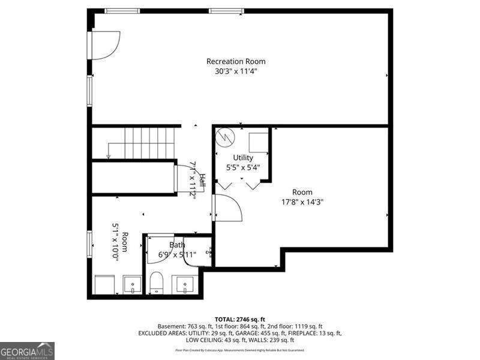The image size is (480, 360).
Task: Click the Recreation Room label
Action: (236, 61)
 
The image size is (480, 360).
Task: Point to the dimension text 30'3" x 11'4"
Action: (236, 71)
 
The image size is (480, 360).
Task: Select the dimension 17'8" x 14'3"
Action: (302, 202)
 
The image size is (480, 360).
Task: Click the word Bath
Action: (177, 245)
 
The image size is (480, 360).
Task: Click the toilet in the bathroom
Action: (157, 282)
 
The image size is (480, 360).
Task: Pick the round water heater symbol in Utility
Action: (225, 137)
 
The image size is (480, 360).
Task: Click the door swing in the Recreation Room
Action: (104, 45)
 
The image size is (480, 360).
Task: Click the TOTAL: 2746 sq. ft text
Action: (240, 319)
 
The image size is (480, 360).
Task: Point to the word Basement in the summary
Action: (170, 326)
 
